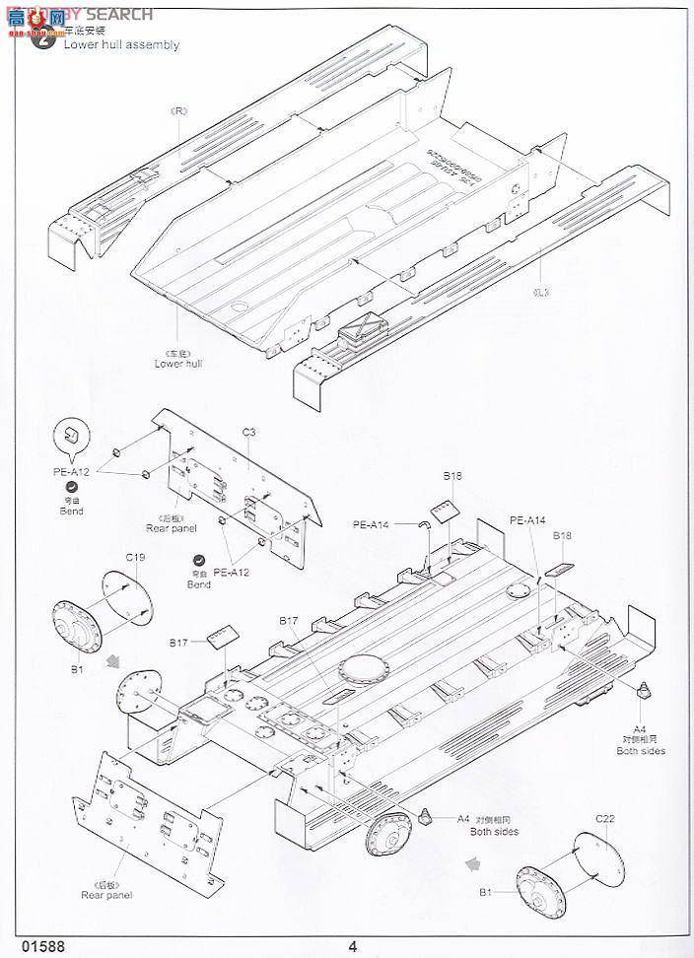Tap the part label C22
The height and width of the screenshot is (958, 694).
(x=604, y=817)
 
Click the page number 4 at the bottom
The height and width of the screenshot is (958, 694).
(x=352, y=947)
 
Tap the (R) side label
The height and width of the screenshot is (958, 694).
(x=179, y=110)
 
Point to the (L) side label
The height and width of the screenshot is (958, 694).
(x=539, y=292)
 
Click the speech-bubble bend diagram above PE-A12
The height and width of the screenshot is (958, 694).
(x=68, y=435)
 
